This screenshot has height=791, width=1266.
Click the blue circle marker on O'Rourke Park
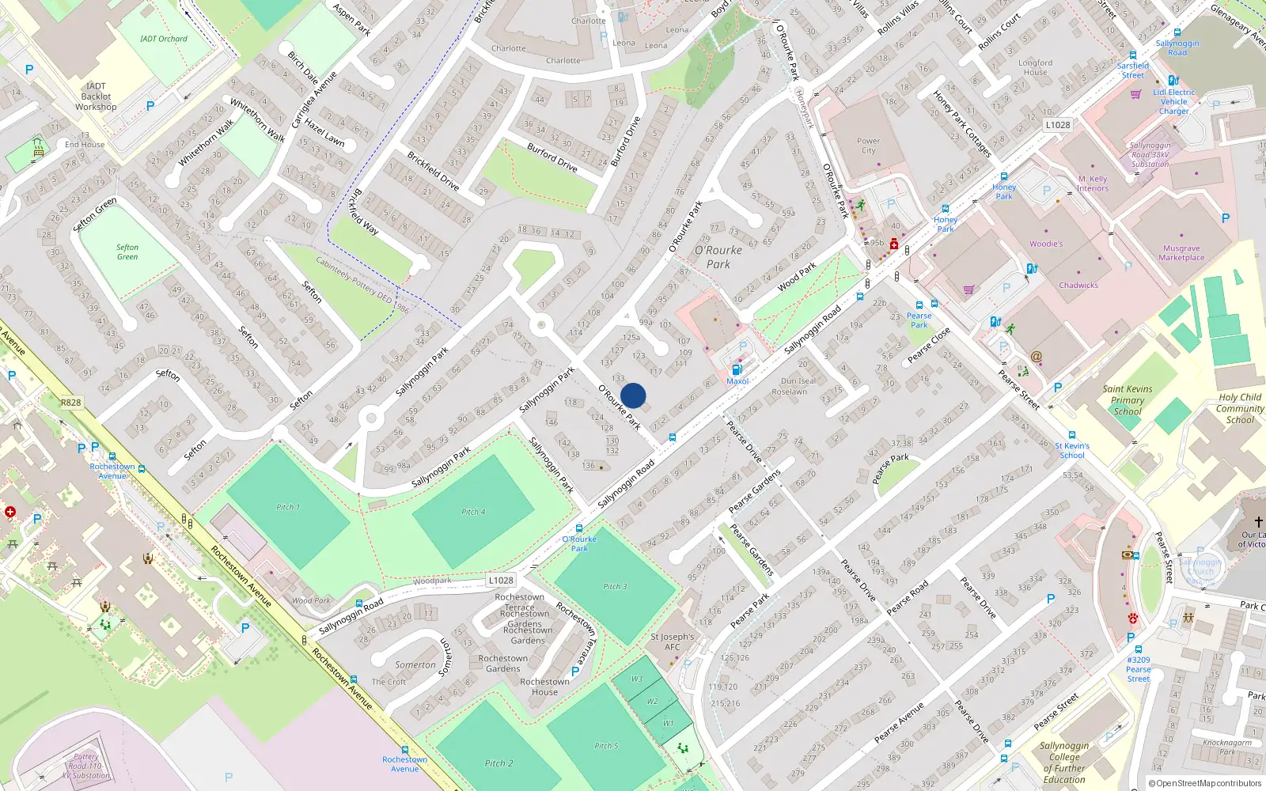click(x=633, y=395)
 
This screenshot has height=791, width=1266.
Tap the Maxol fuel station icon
click(x=737, y=370)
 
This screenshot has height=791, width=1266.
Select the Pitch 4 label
click(x=473, y=512)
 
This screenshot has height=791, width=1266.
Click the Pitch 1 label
click(x=287, y=507)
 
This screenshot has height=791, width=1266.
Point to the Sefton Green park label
click(x=127, y=252)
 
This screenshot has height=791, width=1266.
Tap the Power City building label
click(x=868, y=146)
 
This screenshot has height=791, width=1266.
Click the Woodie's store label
click(x=1045, y=244)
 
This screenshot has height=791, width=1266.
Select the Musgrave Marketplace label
click(x=1181, y=253)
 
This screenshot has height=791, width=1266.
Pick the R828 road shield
click(x=70, y=403)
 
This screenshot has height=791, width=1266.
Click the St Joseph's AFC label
click(x=672, y=642)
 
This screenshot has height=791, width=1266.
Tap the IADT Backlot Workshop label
click(x=96, y=97)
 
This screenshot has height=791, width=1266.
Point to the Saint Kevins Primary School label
click(x=1128, y=399)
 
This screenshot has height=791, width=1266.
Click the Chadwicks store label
click(x=1078, y=286)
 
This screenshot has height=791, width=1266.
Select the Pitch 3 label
click(x=615, y=587)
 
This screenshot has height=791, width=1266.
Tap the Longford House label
click(x=1035, y=67)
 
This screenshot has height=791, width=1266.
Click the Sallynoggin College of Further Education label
click(x=1064, y=763)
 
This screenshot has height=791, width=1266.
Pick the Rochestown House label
click(x=544, y=687)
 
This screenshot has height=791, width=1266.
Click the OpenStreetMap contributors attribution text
click(x=1204, y=783)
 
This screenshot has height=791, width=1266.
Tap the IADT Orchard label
click(x=164, y=39)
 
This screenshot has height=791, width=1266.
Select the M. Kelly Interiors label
click(x=1093, y=184)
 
